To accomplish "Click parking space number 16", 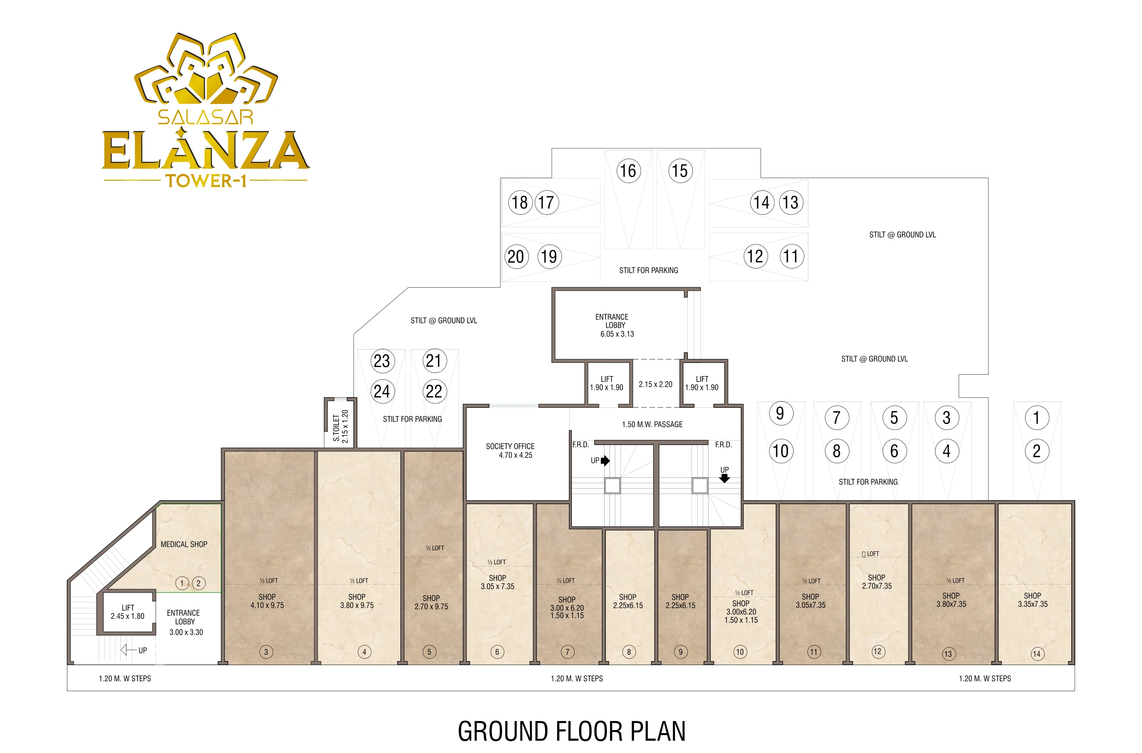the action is click(x=627, y=170).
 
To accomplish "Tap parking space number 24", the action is click(x=382, y=391).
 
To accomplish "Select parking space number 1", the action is click(x=1036, y=417).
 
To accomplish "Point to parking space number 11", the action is click(x=791, y=256).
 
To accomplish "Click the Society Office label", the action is click(x=510, y=446).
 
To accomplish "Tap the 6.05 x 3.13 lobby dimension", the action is click(x=617, y=334).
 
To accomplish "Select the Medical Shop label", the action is click(x=184, y=544).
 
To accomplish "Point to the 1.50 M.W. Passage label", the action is click(x=652, y=424).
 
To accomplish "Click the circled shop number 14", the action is click(x=1037, y=653).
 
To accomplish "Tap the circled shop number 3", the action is click(x=266, y=652).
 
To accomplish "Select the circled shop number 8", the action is click(x=629, y=652).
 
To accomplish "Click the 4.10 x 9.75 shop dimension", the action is click(x=267, y=605).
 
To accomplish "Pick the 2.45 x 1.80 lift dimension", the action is click(x=128, y=616).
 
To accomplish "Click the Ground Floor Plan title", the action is click(x=571, y=731).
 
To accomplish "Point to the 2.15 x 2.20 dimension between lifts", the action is click(x=656, y=384).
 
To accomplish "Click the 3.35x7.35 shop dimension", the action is click(x=1033, y=604).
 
